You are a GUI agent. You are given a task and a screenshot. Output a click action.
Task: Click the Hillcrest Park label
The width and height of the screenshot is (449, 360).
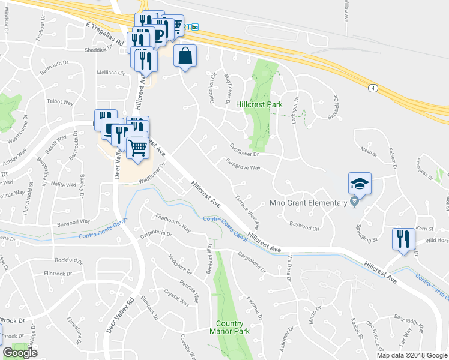coord(259,104)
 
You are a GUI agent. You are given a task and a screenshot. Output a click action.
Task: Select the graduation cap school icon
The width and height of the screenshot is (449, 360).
coord(360,183)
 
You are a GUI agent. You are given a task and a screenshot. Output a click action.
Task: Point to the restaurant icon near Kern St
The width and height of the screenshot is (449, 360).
coord(402,239)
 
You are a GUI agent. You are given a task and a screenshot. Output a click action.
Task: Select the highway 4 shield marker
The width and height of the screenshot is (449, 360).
coord(373,88)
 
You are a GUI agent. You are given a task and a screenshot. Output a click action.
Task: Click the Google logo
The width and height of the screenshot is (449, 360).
coord(20,353)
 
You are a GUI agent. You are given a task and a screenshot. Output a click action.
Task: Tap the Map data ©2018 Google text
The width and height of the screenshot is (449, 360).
coord(412,355)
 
